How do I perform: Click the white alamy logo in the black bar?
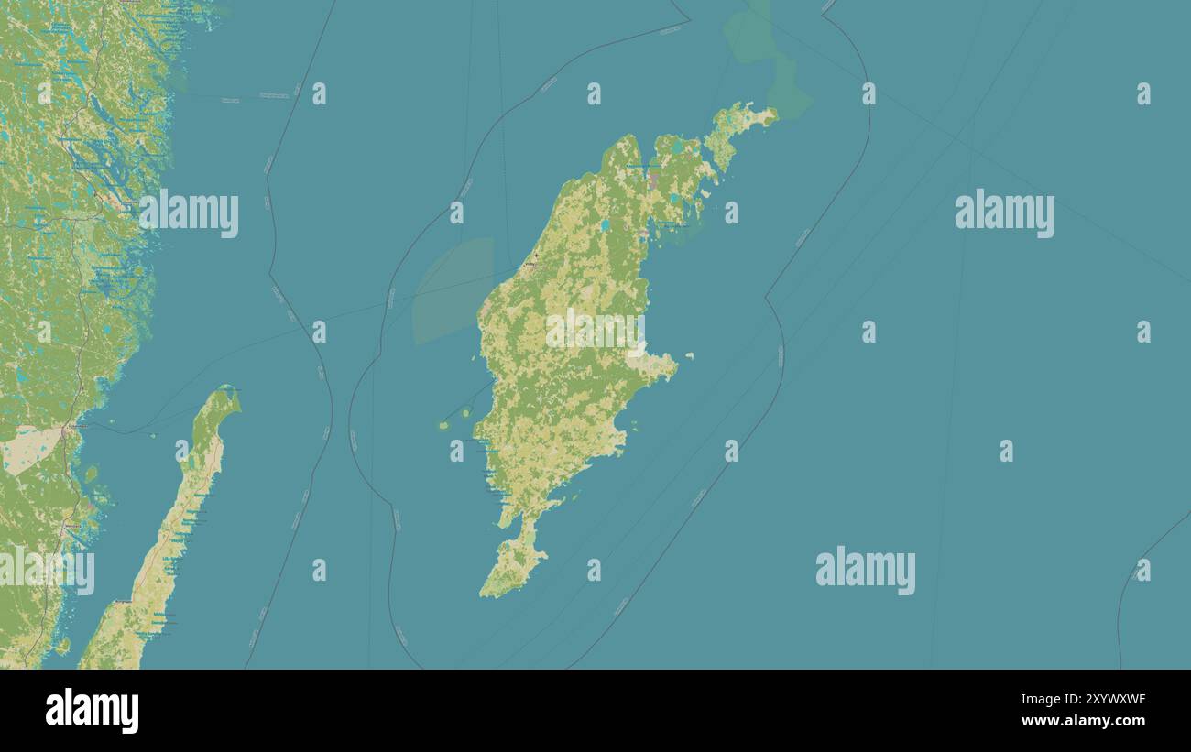click(x=92, y=711)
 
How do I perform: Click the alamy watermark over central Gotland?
click(x=595, y=331)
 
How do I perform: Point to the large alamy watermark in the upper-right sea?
click(x=1004, y=213)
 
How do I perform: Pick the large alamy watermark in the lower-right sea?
click(x=865, y=570)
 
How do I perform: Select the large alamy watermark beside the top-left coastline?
click(x=189, y=213)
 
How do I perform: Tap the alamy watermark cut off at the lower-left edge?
click(x=46, y=570)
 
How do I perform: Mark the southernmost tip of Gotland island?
click(x=486, y=594)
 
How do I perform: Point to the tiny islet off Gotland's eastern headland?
click(x=688, y=355)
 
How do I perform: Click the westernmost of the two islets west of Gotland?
click(x=444, y=425)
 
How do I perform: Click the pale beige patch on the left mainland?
click(x=27, y=449)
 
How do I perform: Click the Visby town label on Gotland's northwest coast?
click(x=530, y=265)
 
